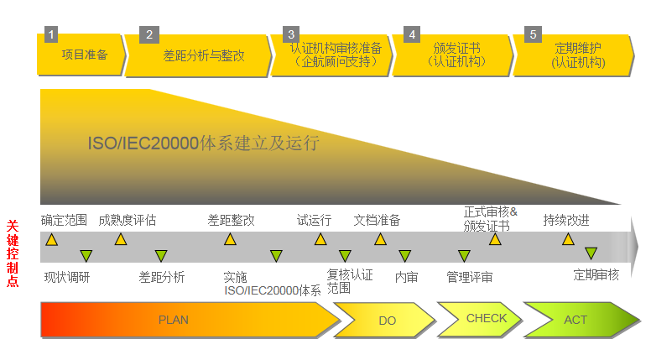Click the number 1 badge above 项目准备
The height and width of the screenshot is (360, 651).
point(51,34)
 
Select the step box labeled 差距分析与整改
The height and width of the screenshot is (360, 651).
point(203,56)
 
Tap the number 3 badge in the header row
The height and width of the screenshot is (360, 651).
point(291,34)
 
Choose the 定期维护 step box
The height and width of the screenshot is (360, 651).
point(577,55)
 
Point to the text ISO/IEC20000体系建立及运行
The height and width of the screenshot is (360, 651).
point(203,143)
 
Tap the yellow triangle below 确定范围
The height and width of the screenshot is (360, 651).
point(52,240)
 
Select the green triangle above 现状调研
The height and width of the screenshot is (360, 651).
point(86,255)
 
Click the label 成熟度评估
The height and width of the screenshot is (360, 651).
point(127,221)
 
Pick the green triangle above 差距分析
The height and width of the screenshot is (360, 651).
point(160,255)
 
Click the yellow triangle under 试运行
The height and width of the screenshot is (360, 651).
point(320,240)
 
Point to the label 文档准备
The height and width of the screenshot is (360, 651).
point(377,221)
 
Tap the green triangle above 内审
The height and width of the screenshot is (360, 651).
point(404,255)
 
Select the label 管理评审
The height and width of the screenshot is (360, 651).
point(469,277)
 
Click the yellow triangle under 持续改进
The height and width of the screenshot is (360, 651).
point(568,240)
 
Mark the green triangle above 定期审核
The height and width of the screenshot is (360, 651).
point(591,253)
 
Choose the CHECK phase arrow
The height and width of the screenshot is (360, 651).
point(486,319)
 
